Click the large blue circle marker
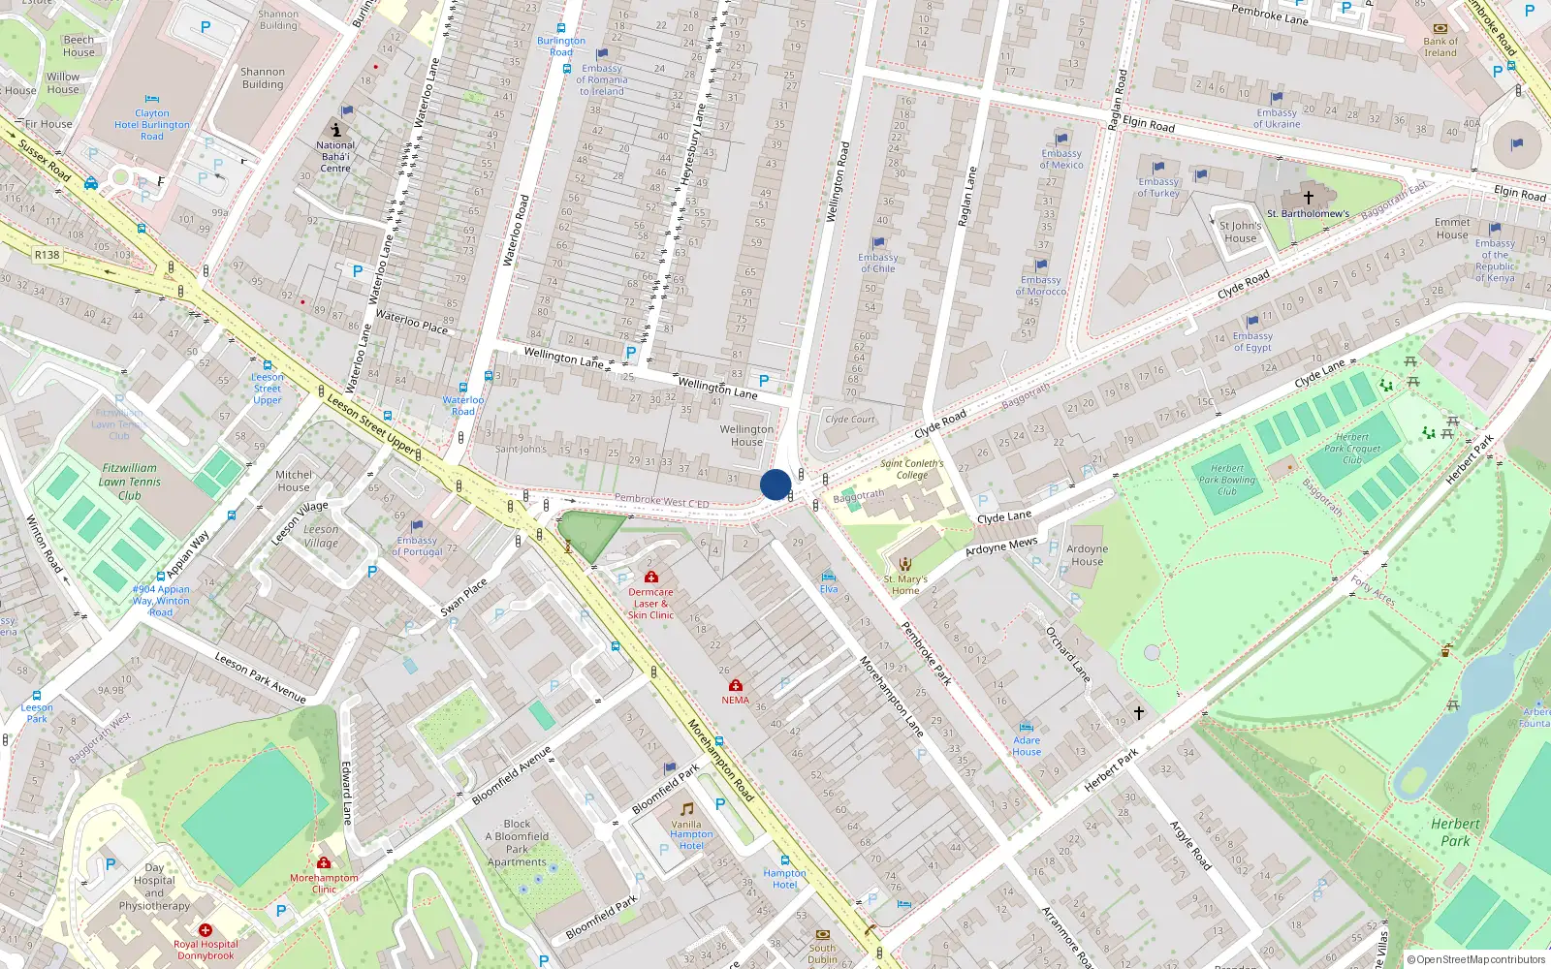[x=775, y=484]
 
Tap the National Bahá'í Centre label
[x=335, y=156]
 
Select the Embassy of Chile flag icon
[x=878, y=243]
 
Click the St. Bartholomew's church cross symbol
[x=1308, y=197]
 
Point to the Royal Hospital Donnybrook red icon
[x=206, y=930]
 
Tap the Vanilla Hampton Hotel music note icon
[x=687, y=809]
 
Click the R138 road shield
[x=47, y=255]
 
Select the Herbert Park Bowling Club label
[x=1226, y=480]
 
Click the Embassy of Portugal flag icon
[x=417, y=526]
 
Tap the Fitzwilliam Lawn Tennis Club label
[x=130, y=482]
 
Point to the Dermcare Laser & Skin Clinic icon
[x=650, y=578]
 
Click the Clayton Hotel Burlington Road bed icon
[x=152, y=99]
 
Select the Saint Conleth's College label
[x=911, y=469]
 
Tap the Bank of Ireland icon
[x=1440, y=28]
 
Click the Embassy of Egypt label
[x=1252, y=341]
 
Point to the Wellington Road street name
[x=838, y=182]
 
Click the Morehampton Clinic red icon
[x=324, y=863]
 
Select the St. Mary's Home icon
[x=905, y=565]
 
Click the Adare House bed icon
[x=1027, y=727]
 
